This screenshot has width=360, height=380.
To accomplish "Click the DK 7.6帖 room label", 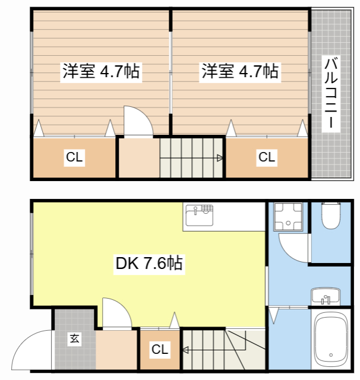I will click(x=149, y=263).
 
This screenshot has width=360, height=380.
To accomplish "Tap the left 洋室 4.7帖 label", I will click(x=101, y=72).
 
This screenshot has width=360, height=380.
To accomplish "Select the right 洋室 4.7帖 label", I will click(x=240, y=72).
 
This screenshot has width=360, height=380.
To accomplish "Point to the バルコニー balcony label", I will click(x=331, y=93).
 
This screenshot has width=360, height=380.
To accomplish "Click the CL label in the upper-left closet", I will click(x=74, y=157).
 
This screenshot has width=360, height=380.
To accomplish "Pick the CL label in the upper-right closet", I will click(x=266, y=157).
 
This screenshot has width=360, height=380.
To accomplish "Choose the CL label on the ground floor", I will click(x=159, y=350).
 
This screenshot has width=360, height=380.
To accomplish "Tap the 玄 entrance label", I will click(x=74, y=339).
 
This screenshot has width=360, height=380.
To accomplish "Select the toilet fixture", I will click(x=331, y=217).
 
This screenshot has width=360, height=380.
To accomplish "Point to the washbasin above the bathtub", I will click(x=326, y=295).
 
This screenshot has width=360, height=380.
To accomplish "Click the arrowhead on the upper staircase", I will click(x=220, y=158).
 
